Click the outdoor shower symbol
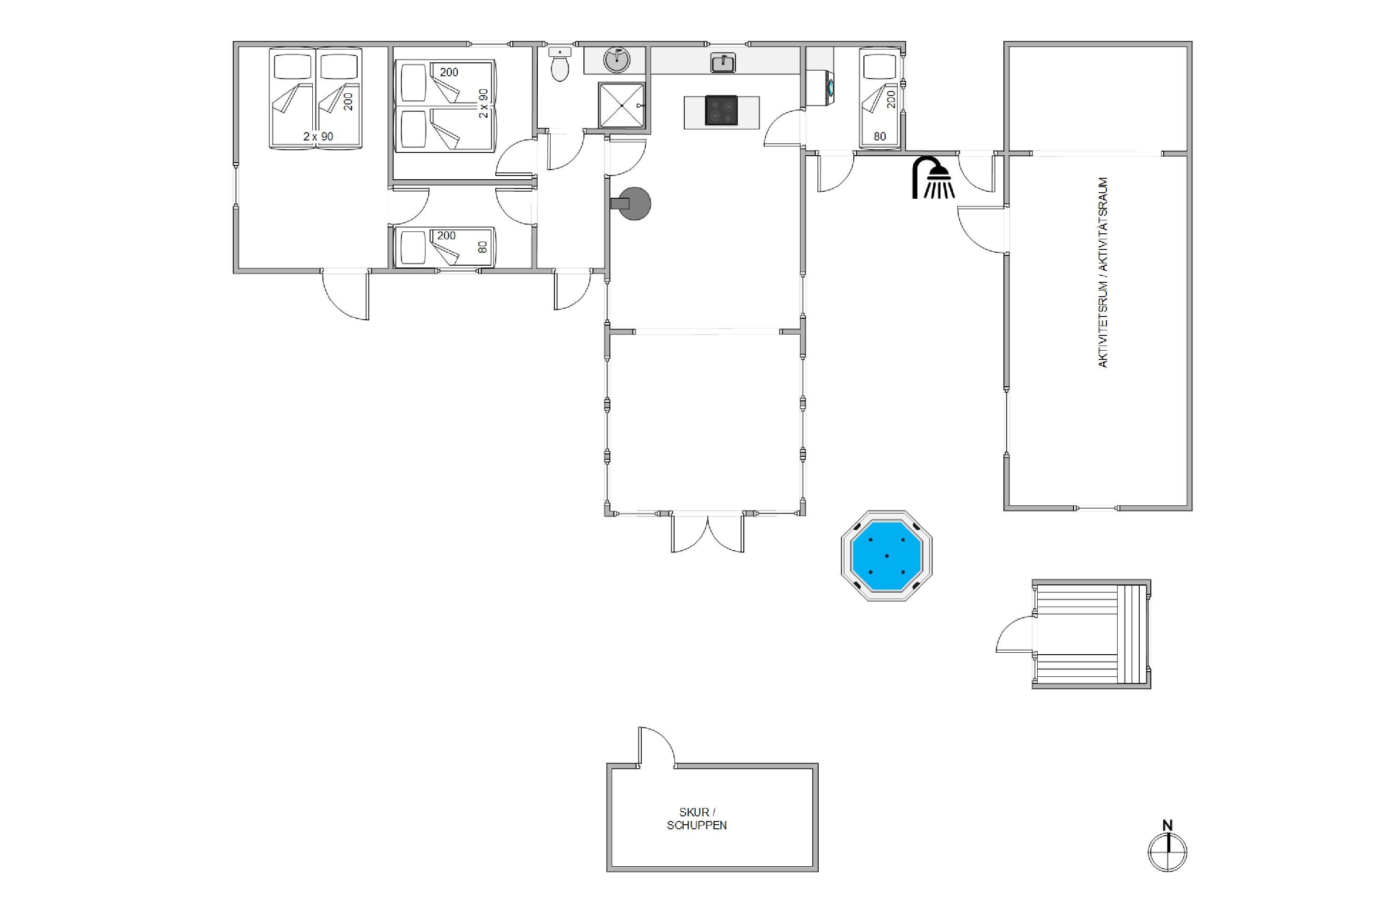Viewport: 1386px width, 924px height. pos(933,177)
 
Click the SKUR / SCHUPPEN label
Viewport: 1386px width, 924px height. pos(697,819)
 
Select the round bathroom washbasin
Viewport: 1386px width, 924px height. pos(617,60)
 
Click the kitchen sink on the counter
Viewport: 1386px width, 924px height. pos(723,62)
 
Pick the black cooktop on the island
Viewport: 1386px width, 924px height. pos(721,110)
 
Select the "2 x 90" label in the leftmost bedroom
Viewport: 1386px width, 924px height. pos(318,136)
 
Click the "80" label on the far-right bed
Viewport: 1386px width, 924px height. pos(880,136)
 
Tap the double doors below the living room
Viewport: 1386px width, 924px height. pos(707,533)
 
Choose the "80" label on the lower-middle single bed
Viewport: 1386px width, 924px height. pos(483,247)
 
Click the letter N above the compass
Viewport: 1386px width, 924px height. pos(1167,826)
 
